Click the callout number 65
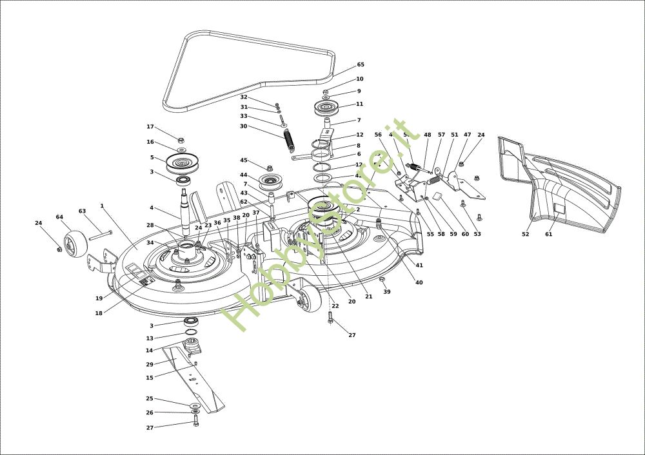click(x=361, y=64)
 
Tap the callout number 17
click(x=150, y=127)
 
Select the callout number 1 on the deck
click(x=102, y=206)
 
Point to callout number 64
click(x=59, y=217)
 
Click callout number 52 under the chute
click(x=526, y=235)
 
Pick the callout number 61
click(x=549, y=235)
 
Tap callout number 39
click(x=387, y=292)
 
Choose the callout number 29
click(x=150, y=364)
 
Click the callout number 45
click(x=244, y=160)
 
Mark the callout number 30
click(x=244, y=126)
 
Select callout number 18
click(x=99, y=313)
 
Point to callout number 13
click(x=150, y=338)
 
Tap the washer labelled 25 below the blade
click(x=194, y=405)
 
